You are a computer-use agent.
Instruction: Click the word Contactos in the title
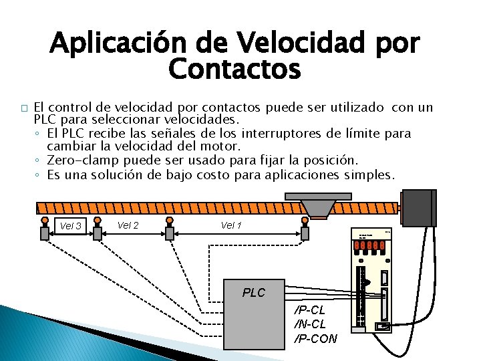tap(235, 68)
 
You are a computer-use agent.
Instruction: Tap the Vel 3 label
tap(69, 226)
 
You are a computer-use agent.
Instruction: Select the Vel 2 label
tap(128, 225)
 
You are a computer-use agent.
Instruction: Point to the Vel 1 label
tap(231, 225)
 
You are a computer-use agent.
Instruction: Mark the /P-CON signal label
tap(316, 338)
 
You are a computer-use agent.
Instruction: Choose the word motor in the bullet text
tap(224, 145)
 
